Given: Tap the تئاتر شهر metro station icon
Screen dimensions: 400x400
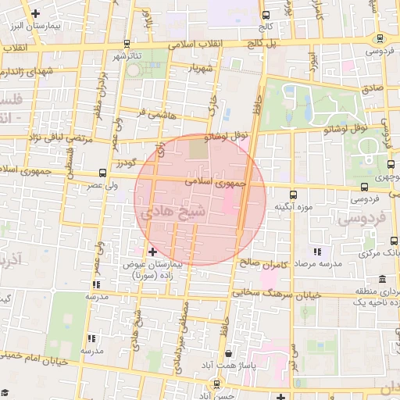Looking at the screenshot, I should coord(127,44).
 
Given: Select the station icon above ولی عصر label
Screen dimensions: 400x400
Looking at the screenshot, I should coord(102,173).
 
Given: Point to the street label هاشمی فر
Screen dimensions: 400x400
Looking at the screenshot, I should coord(152,114).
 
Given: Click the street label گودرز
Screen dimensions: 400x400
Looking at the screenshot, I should coord(127,162).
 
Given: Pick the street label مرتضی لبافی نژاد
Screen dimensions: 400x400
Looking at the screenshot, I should coord(60,138).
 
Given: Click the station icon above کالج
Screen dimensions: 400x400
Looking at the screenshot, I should coord(266,15).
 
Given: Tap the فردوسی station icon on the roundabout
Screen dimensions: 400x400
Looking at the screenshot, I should coord(380,37).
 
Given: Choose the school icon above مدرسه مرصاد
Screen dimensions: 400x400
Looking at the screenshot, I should coord(317,252).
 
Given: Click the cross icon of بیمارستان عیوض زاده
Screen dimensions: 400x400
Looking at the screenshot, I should coord(152,252).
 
